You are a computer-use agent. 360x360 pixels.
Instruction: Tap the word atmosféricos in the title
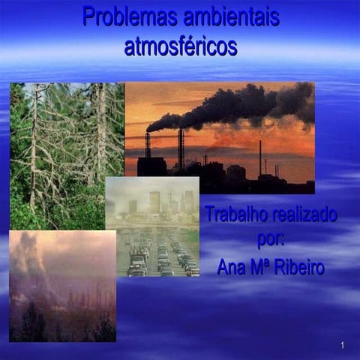(181, 46)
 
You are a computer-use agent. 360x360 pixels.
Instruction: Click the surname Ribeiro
(300, 268)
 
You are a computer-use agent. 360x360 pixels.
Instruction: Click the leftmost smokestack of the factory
(148, 144)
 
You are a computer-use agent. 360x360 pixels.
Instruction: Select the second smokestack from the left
(181, 148)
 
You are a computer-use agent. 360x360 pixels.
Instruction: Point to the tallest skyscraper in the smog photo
(154, 200)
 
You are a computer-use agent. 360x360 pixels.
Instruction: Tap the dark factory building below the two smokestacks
(153, 166)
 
